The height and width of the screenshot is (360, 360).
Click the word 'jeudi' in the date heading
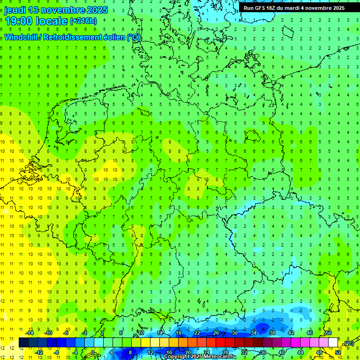pos(15,10)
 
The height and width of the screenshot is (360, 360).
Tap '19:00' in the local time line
pos(18,21)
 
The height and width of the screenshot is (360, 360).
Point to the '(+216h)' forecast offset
pos(83,21)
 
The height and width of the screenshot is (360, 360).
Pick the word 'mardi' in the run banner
pos(297,8)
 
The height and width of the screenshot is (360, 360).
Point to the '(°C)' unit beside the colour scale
pos(348,344)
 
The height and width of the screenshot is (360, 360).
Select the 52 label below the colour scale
pos(337,352)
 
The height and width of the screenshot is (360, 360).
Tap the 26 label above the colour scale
pos(216,333)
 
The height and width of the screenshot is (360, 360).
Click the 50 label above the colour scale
pos(328,333)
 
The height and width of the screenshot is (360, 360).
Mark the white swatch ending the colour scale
pos(333,343)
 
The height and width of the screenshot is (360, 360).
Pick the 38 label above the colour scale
pos(272,333)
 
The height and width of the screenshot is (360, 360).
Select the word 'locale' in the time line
pos(53,21)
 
